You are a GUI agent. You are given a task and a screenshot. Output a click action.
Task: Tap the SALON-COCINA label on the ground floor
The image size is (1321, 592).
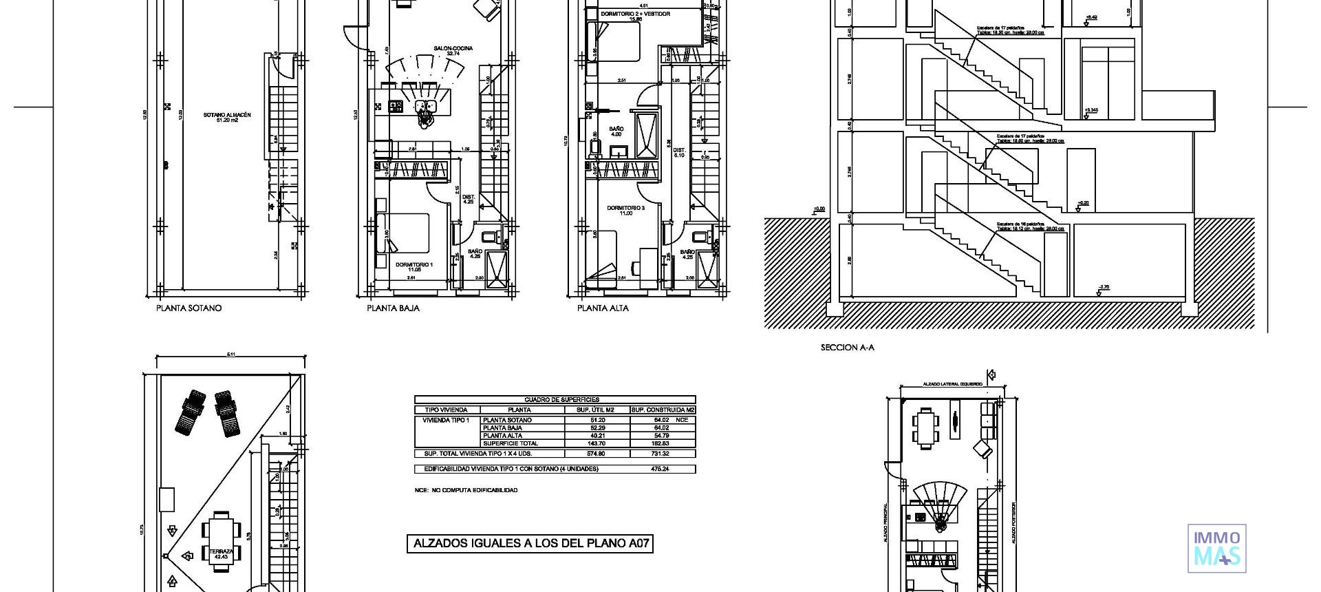tap(453, 50)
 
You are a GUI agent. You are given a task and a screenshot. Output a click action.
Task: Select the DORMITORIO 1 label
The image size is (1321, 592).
tap(414, 266)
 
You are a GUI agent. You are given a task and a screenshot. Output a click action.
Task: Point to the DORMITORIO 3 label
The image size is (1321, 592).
tap(625, 210)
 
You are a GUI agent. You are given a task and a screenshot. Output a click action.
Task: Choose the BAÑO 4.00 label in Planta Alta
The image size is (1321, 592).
tap(616, 131)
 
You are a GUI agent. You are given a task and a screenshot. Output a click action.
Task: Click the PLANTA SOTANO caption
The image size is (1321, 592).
tap(189, 308)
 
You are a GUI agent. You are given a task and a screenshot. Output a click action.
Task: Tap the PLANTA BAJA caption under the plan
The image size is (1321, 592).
tap(393, 308)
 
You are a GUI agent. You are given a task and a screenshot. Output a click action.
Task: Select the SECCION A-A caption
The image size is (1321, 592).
tap(847, 348)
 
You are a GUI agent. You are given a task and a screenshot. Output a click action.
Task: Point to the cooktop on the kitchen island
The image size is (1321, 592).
tap(396, 106)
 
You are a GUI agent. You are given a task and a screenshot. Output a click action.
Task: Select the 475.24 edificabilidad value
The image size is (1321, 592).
tap(660, 469)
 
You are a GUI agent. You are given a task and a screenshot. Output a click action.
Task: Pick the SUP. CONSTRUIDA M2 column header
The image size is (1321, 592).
tap(663, 410)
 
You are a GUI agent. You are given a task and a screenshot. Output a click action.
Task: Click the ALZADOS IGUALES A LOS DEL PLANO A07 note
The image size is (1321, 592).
tap(530, 544)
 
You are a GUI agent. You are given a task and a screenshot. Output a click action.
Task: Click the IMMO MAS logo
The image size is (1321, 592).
tap(1216, 548)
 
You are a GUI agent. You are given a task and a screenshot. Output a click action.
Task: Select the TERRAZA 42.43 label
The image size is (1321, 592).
tap(221, 553)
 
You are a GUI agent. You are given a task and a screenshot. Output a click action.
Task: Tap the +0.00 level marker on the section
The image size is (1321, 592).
tap(819, 209)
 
